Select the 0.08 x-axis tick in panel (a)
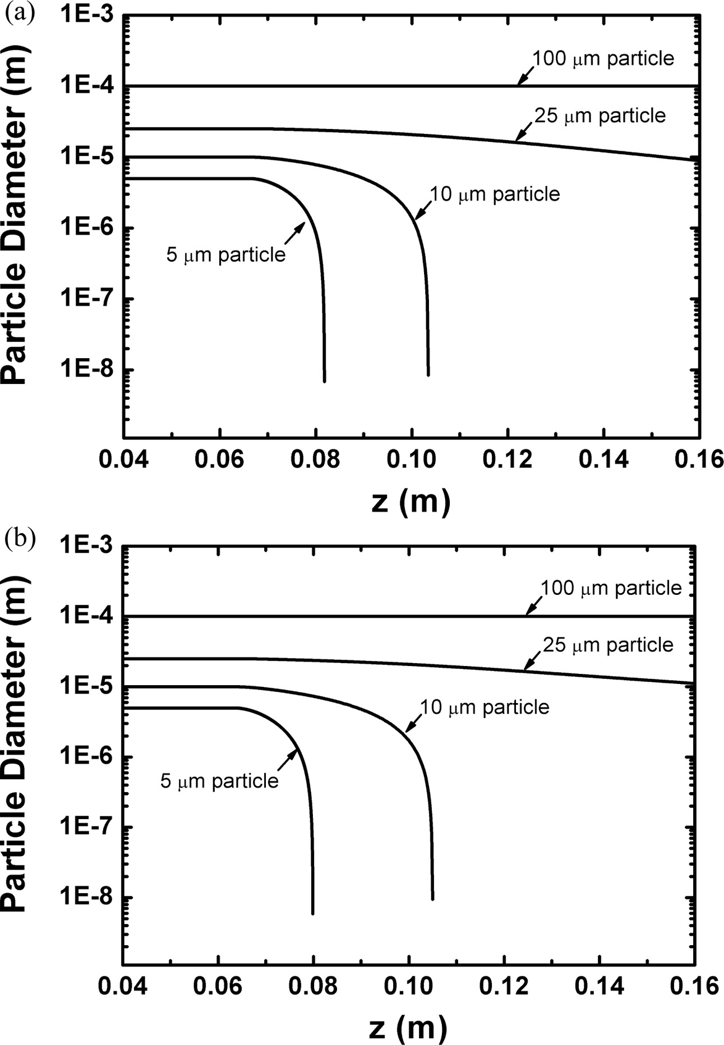pyautogui.click(x=316, y=460)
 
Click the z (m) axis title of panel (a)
pyautogui.click(x=411, y=501)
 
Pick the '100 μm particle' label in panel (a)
pyautogui.click(x=603, y=58)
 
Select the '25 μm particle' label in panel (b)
pyautogui.click(x=608, y=645)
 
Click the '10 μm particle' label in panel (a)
pyautogui.click(x=495, y=194)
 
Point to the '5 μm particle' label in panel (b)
pyautogui.click(x=219, y=780)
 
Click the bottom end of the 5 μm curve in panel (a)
pyautogui.click(x=324, y=381)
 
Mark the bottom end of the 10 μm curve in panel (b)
pyautogui.click(x=432, y=899)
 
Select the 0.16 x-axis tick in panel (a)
pyautogui.click(x=699, y=460)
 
